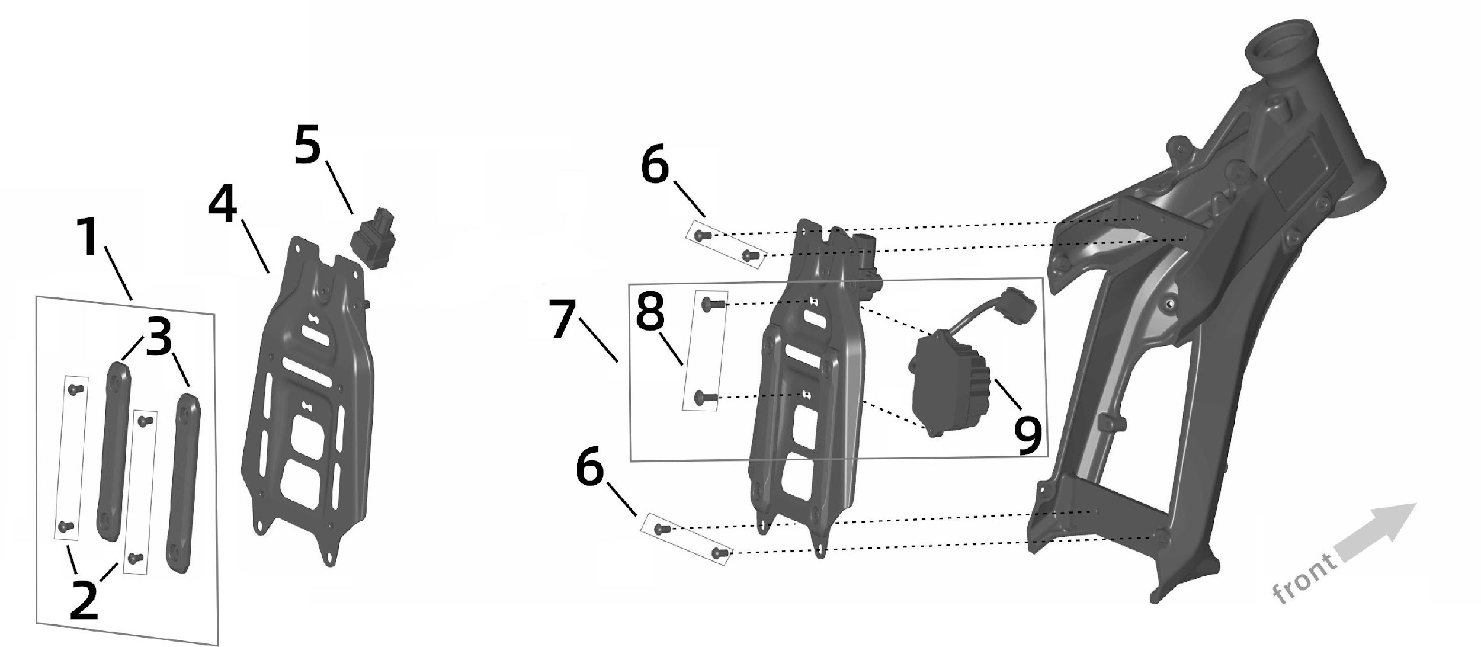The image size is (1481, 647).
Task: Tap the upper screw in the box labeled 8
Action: click(x=712, y=305)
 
